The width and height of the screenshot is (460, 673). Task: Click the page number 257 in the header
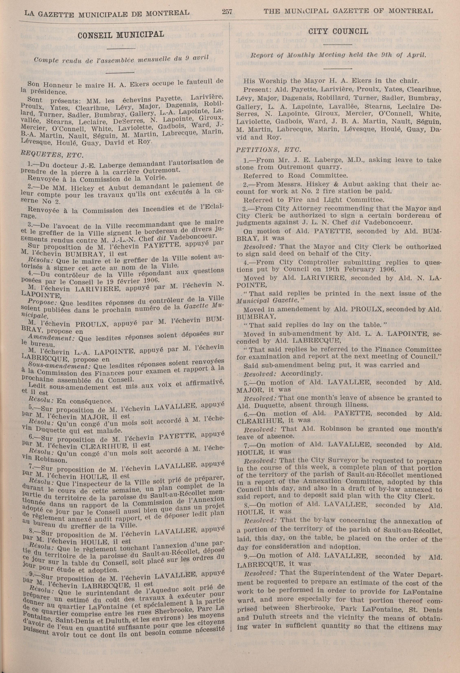click(227, 12)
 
